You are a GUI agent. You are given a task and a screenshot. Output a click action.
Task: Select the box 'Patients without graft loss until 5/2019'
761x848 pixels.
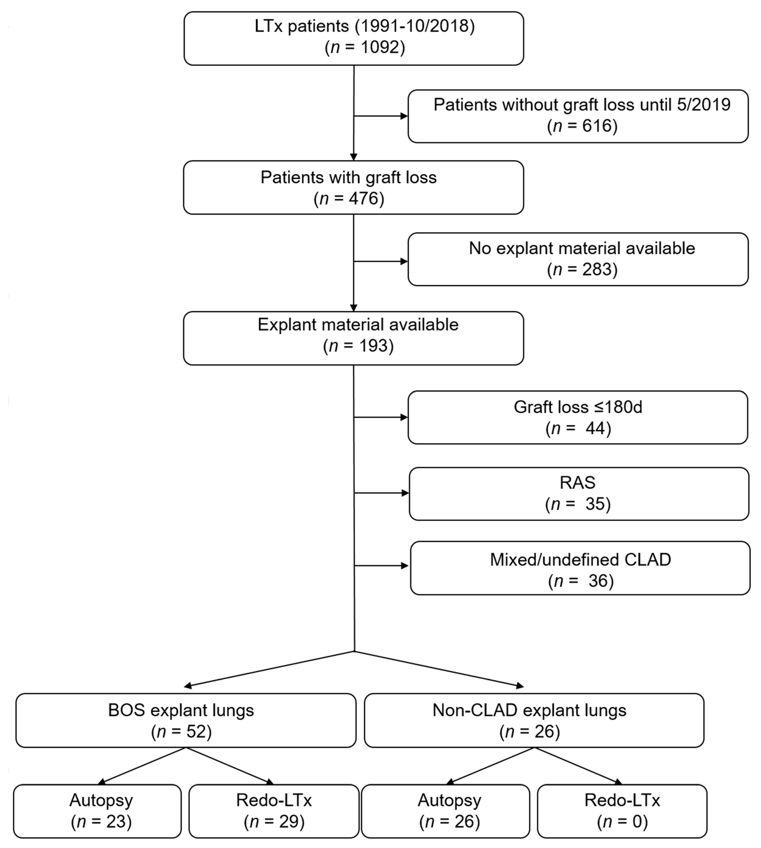pyautogui.click(x=578, y=116)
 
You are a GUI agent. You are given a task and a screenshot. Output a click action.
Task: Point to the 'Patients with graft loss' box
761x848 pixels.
pyautogui.click(x=353, y=187)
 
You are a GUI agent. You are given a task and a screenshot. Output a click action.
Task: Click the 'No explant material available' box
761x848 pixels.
pyautogui.click(x=578, y=259)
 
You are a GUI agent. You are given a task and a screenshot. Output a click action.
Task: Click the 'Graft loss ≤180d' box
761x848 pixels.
pyautogui.click(x=578, y=417)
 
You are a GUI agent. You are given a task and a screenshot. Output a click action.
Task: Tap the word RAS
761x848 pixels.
pyautogui.click(x=577, y=482)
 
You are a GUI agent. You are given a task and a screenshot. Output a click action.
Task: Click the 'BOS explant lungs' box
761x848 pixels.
pyautogui.click(x=186, y=720)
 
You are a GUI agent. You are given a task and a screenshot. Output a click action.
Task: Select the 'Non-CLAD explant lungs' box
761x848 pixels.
pyautogui.click(x=534, y=720)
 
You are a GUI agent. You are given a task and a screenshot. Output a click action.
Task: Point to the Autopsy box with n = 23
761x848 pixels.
pyautogui.click(x=98, y=811)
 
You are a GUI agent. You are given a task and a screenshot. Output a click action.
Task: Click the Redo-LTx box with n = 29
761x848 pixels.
pyautogui.click(x=274, y=811)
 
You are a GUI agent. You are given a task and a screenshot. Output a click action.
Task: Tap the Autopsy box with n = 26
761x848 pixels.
pyautogui.click(x=445, y=811)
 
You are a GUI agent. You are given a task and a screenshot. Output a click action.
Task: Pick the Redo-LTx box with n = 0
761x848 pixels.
pyautogui.click(x=622, y=811)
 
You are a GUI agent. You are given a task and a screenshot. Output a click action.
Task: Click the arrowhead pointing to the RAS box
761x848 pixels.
pyautogui.click(x=405, y=493)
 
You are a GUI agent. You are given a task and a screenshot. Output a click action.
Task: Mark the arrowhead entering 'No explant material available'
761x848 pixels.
pyautogui.click(x=404, y=261)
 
